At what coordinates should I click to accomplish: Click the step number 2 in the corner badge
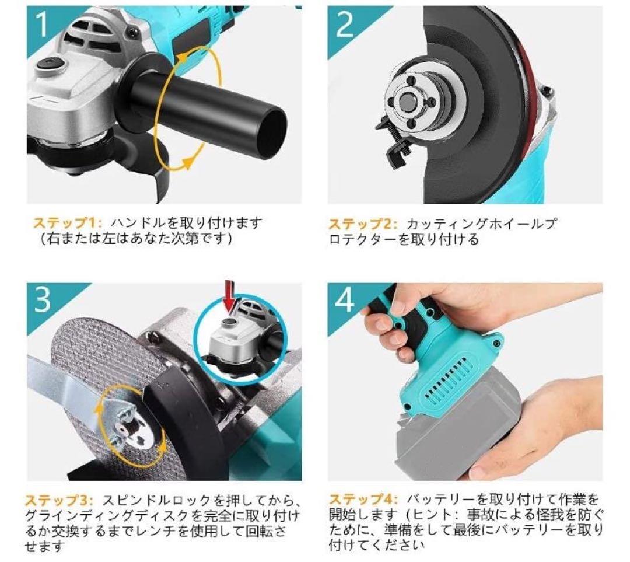[345, 25]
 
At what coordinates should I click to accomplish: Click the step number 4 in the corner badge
[345, 301]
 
